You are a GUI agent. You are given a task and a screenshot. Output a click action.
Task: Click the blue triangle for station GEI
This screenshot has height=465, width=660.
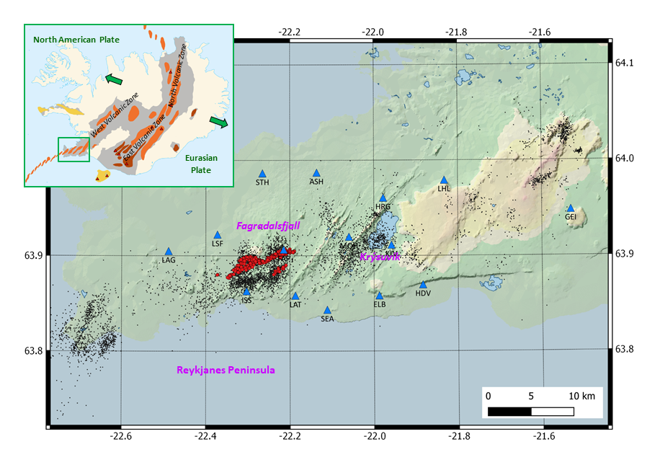click(571, 208)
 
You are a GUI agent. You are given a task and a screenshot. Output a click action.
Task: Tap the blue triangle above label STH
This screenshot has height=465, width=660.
click(262, 174)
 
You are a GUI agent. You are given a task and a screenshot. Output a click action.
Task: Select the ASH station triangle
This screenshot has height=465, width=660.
click(316, 173)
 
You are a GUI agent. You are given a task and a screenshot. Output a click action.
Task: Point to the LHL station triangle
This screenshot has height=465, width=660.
click(444, 180)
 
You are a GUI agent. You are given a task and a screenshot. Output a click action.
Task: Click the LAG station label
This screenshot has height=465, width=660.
click(169, 260)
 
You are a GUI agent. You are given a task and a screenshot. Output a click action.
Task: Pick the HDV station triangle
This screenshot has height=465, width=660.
click(423, 285)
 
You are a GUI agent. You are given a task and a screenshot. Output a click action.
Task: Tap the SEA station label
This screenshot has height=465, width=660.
click(327, 319)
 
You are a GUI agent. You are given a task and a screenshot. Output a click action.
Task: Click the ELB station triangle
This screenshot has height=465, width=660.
click(380, 296)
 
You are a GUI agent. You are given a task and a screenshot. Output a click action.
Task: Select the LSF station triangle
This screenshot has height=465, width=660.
click(218, 235)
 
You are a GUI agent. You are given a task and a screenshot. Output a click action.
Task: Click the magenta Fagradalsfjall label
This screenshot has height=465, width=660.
click(268, 226)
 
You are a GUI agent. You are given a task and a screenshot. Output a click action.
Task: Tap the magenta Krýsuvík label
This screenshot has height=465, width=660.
click(379, 257)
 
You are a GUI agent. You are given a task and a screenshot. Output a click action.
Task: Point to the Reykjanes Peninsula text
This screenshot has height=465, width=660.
click(226, 370)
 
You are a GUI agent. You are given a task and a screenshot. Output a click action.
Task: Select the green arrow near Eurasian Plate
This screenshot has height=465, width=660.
click(219, 122)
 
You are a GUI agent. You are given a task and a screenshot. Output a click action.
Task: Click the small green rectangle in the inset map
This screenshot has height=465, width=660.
click(73, 149)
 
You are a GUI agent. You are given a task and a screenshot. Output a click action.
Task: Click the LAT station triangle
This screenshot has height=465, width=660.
click(295, 296)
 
